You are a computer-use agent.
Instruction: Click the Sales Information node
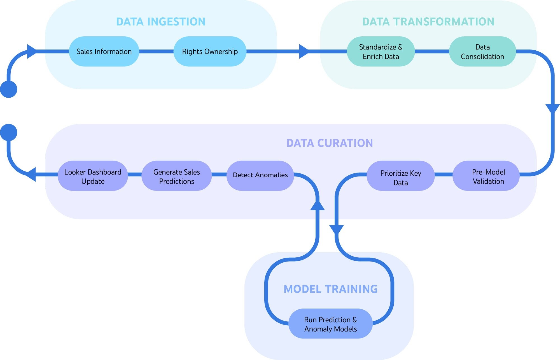(104, 51)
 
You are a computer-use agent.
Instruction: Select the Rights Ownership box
(210, 51)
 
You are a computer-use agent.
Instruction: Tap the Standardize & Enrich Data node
(381, 51)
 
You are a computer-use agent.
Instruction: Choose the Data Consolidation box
(482, 51)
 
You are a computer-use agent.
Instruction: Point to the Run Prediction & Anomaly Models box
(330, 324)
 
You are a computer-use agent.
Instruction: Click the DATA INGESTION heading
(161, 22)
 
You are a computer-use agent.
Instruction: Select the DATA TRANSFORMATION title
(428, 22)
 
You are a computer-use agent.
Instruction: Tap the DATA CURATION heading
(329, 143)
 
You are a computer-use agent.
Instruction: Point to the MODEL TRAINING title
(330, 289)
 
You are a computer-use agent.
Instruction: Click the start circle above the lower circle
(9, 89)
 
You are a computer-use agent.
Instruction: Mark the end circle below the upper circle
(9, 132)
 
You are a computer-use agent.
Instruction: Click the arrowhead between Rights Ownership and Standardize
(304, 51)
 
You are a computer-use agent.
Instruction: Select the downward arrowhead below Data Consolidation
(552, 108)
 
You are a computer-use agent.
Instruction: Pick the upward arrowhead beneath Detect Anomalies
(317, 206)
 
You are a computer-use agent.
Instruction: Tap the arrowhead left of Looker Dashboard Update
(32, 174)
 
